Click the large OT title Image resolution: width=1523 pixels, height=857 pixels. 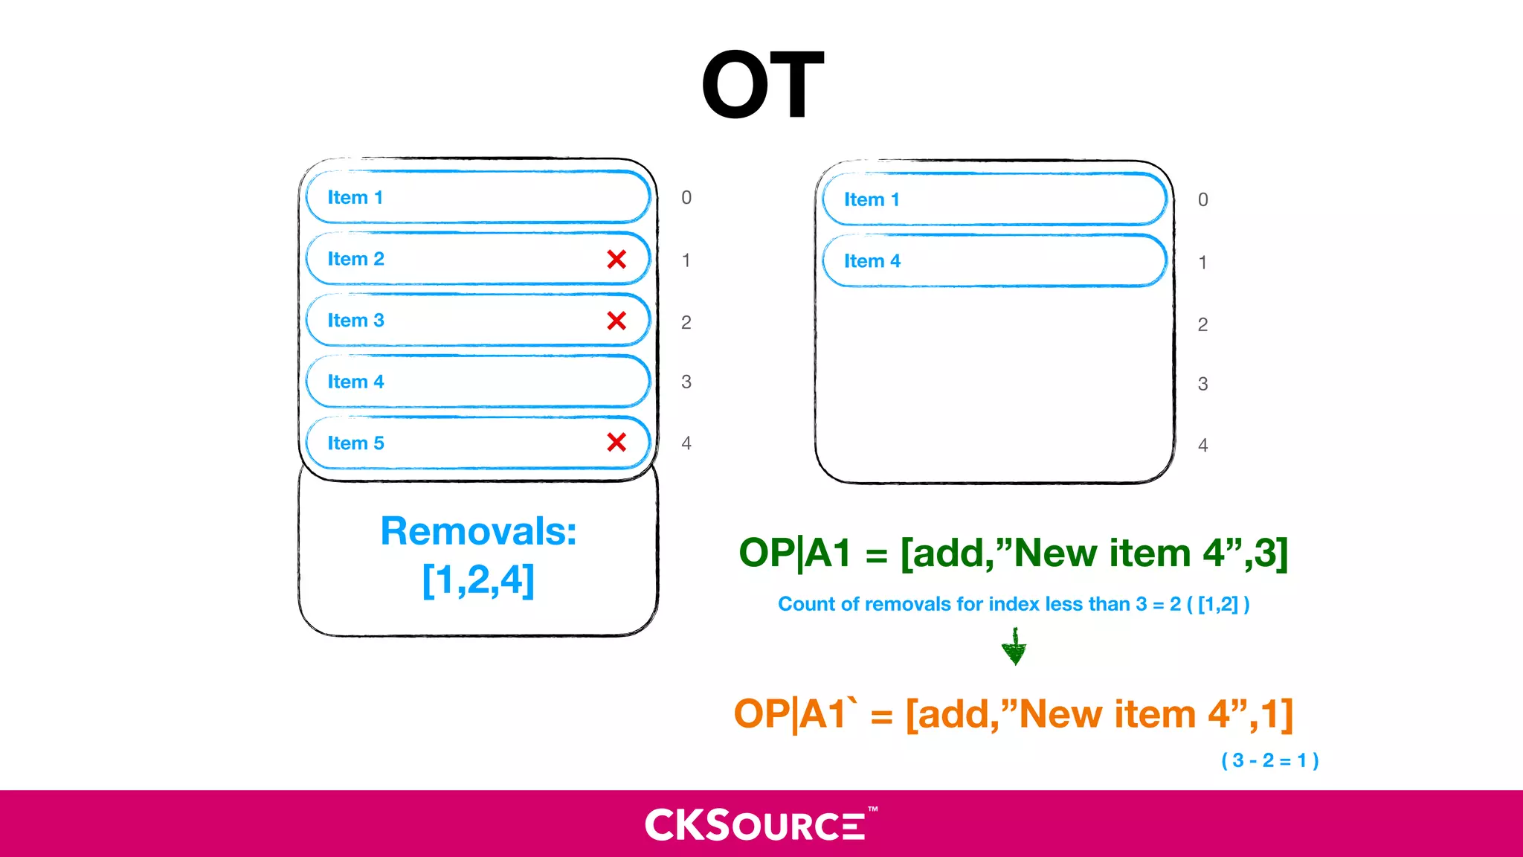tap(762, 84)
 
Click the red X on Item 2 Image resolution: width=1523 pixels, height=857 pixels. tap(616, 259)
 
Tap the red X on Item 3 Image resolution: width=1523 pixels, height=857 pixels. tap(616, 321)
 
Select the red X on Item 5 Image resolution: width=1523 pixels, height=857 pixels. tap(616, 443)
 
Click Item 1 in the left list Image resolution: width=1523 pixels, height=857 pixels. tap(355, 198)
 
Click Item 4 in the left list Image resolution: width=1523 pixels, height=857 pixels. tap(355, 382)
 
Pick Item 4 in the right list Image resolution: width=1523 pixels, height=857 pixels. tap(872, 261)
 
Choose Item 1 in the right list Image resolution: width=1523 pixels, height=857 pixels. tap(872, 199)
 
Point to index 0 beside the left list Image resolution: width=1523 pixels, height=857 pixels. tap(686, 198)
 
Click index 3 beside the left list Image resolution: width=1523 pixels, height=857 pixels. tap(686, 382)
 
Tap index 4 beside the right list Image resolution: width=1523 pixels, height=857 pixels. tap(1202, 446)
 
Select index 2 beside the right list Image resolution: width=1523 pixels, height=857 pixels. tap(1202, 325)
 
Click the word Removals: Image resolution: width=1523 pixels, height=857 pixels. tap(478, 531)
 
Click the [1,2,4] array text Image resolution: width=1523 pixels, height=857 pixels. tap(478, 580)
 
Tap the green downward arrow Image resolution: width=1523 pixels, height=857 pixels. tap(1014, 647)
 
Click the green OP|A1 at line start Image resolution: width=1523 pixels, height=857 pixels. tap(794, 553)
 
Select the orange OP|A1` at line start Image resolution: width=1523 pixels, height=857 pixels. tap(794, 714)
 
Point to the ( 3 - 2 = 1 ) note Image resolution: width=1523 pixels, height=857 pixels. tap(1270, 760)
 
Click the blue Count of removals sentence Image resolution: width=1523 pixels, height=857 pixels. tap(1014, 604)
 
